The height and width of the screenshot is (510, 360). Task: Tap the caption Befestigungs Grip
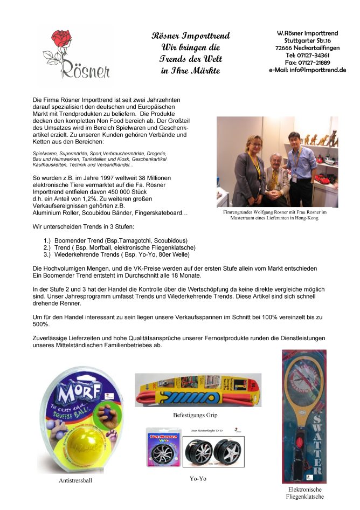[x=196, y=416]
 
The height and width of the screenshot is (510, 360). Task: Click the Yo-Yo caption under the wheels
[x=198, y=478]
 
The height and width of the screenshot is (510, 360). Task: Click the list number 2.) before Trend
[x=47, y=247]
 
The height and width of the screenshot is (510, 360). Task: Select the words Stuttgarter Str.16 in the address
[x=308, y=40]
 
